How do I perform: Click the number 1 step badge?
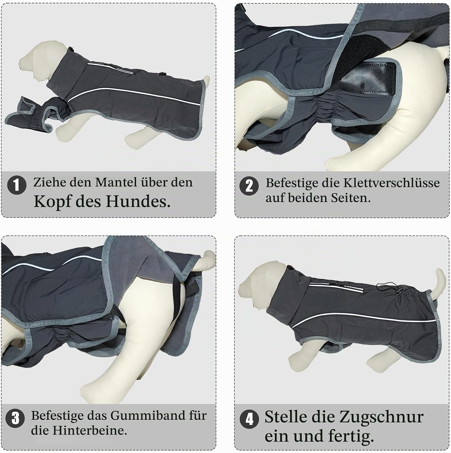click(x=17, y=185)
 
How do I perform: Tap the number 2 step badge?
click(x=249, y=185)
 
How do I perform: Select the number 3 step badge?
click(x=15, y=419)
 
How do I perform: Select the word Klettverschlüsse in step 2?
click(x=391, y=183)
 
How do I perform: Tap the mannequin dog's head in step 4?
click(x=260, y=285)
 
